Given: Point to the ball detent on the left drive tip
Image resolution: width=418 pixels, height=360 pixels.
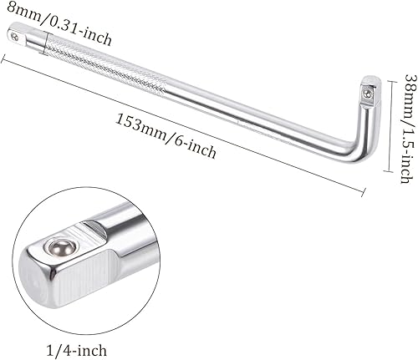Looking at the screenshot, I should tap(18, 34).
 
